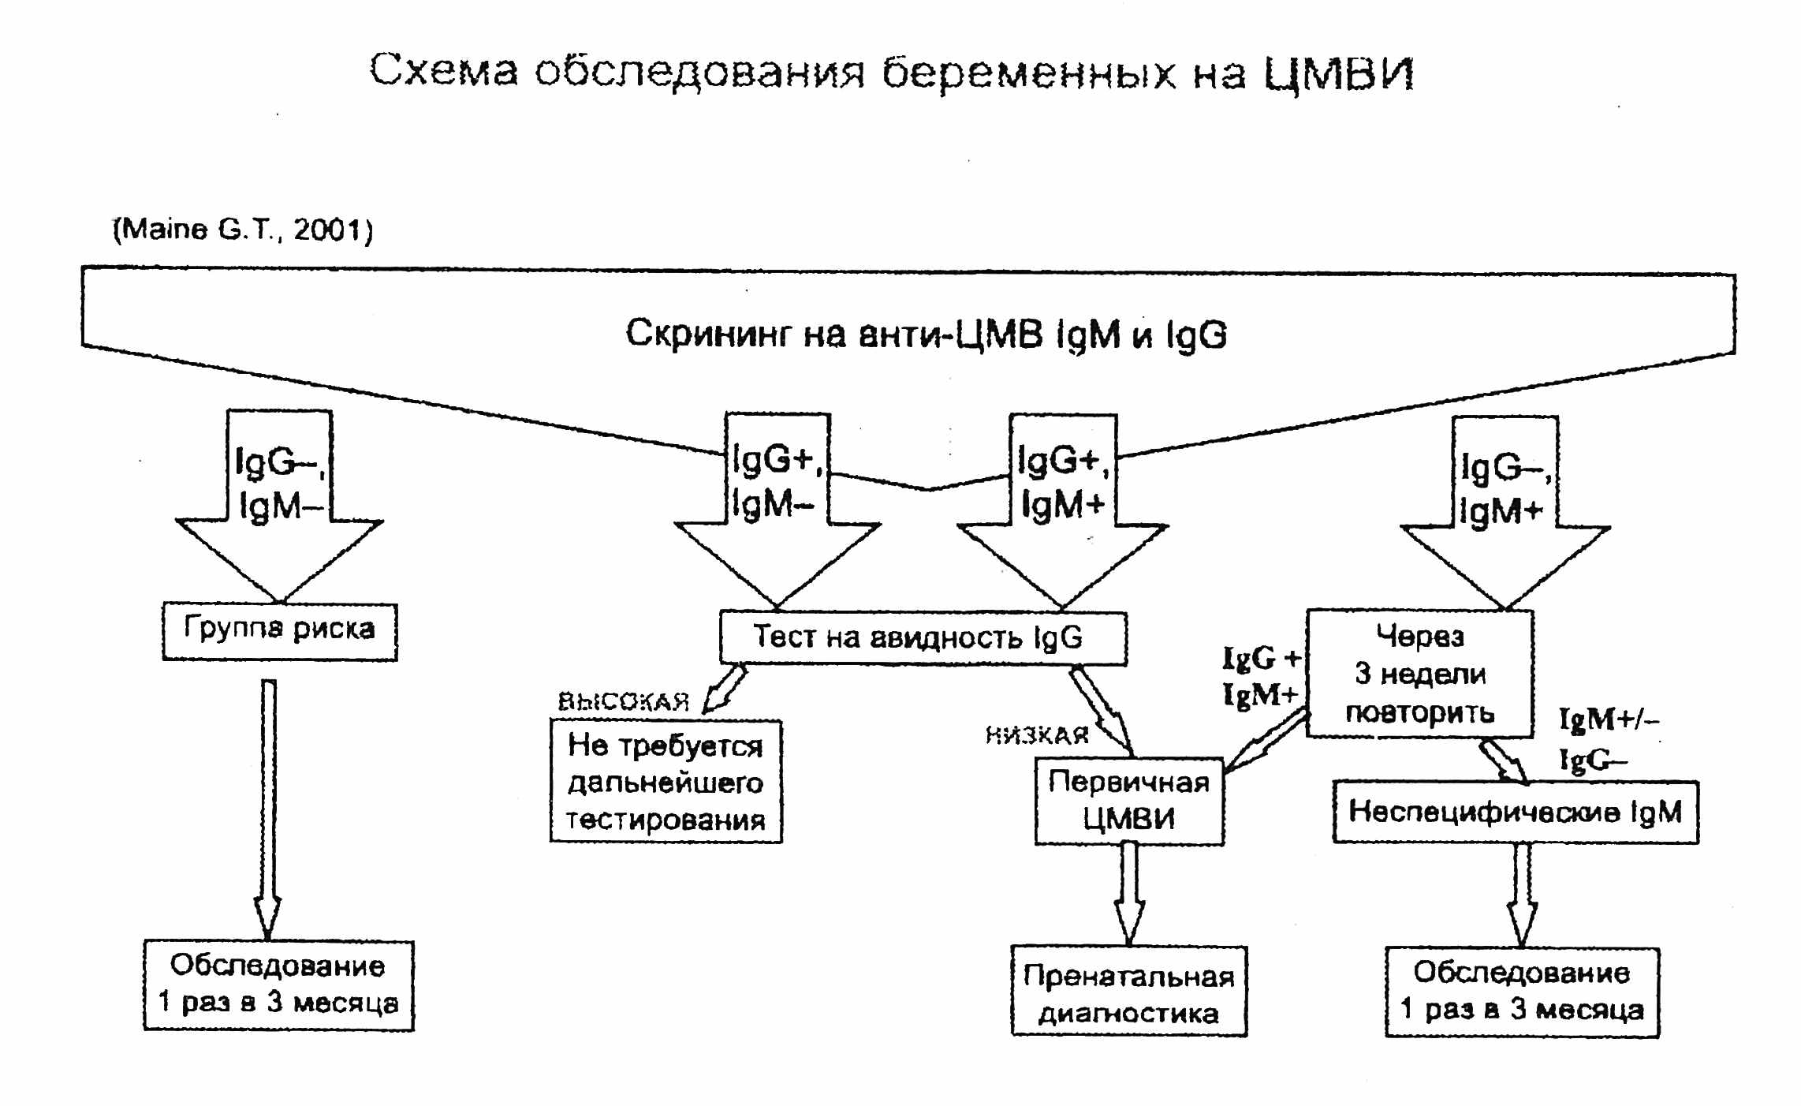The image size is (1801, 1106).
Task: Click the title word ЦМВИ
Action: click(x=1338, y=73)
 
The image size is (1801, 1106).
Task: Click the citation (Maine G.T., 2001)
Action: click(x=243, y=230)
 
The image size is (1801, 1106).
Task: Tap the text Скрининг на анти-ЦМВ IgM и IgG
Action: click(x=926, y=334)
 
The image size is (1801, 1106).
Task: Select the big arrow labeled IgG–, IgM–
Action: click(x=279, y=505)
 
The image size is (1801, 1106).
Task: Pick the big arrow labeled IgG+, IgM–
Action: click(x=777, y=509)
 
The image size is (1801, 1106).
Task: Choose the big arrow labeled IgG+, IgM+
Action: click(x=1062, y=509)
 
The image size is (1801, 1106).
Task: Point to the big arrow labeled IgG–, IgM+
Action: click(x=1505, y=513)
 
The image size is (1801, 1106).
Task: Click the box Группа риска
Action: click(x=279, y=631)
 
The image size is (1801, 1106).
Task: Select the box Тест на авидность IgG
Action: click(x=923, y=637)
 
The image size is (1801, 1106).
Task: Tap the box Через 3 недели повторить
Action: click(x=1419, y=674)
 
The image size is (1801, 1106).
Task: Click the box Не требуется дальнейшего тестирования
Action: click(x=666, y=782)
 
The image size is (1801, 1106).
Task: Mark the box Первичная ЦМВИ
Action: click(x=1129, y=801)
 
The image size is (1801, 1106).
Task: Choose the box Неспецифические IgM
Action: click(x=1515, y=812)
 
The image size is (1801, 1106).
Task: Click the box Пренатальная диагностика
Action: click(x=1128, y=992)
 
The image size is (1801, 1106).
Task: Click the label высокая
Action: click(x=624, y=701)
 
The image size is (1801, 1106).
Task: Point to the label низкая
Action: click(x=1037, y=736)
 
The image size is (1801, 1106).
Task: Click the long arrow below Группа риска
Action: click(x=268, y=805)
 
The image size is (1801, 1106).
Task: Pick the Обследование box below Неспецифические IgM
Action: click(x=1522, y=992)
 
